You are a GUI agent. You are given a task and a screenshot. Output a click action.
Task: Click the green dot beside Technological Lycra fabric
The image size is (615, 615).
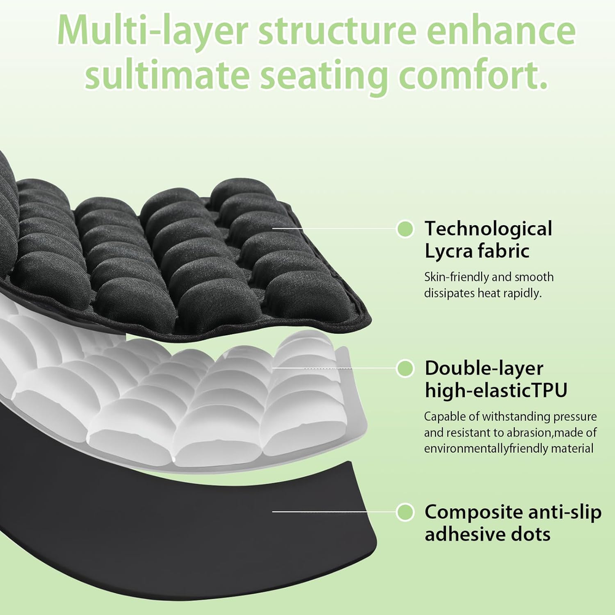pyautogui.click(x=405, y=229)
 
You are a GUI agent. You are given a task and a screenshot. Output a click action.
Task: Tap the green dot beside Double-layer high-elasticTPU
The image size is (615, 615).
pyautogui.click(x=405, y=368)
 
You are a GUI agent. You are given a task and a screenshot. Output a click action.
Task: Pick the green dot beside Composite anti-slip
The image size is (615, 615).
pyautogui.click(x=405, y=511)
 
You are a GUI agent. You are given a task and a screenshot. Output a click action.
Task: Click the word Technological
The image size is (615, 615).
pyautogui.click(x=488, y=229)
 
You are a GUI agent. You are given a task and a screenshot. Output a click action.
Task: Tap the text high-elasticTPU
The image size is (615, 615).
pyautogui.click(x=496, y=390)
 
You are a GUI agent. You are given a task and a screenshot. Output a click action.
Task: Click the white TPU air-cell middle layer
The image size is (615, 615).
pyautogui.click(x=184, y=394)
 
